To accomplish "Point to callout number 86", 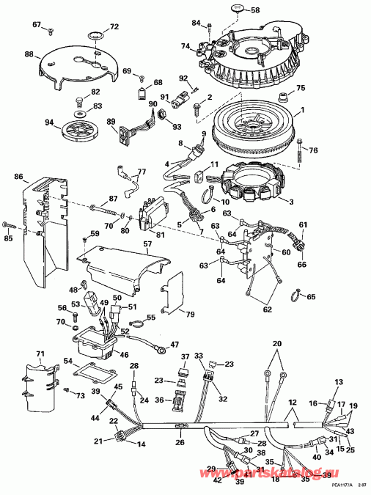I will point(18,177).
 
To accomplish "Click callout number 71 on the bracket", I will point(40,354).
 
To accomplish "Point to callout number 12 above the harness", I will point(290,403).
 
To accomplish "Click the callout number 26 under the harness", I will point(180,442).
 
